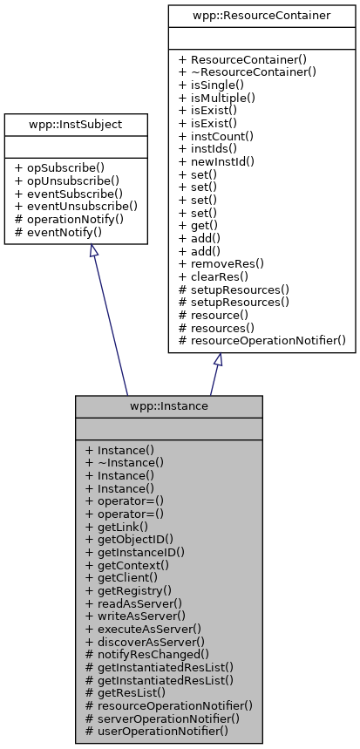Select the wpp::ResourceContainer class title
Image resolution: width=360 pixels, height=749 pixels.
point(262,16)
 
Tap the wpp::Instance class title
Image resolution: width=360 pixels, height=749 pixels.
point(168,406)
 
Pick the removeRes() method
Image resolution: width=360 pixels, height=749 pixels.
point(227,261)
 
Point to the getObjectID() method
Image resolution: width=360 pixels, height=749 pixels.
point(135,539)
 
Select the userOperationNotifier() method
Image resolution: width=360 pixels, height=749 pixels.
point(156,730)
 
